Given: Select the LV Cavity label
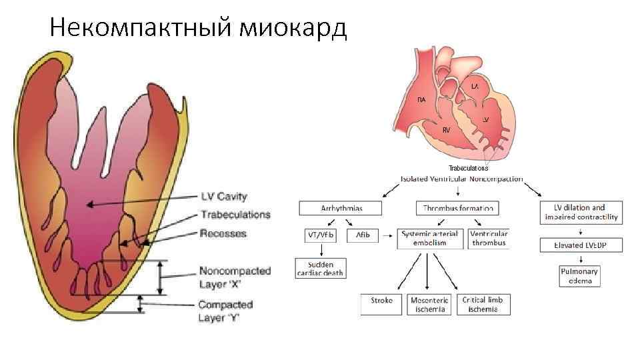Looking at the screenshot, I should click(224, 197).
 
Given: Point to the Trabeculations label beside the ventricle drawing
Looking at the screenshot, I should click(235, 215).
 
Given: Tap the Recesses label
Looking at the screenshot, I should click(223, 233).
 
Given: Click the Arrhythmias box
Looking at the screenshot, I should click(340, 209).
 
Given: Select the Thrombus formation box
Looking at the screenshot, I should click(458, 209).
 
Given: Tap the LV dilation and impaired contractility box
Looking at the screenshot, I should click(581, 212).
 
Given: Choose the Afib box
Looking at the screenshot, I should click(363, 235).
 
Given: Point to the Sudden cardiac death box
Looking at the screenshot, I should click(321, 268).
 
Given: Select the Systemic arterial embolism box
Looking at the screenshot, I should click(430, 239).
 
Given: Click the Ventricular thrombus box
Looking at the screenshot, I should click(489, 239).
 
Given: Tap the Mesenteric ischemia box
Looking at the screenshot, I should click(430, 305).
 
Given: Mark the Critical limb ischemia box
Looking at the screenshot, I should click(482, 305).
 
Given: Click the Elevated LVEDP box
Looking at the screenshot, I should click(581, 245).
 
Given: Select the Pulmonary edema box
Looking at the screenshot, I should click(580, 276).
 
